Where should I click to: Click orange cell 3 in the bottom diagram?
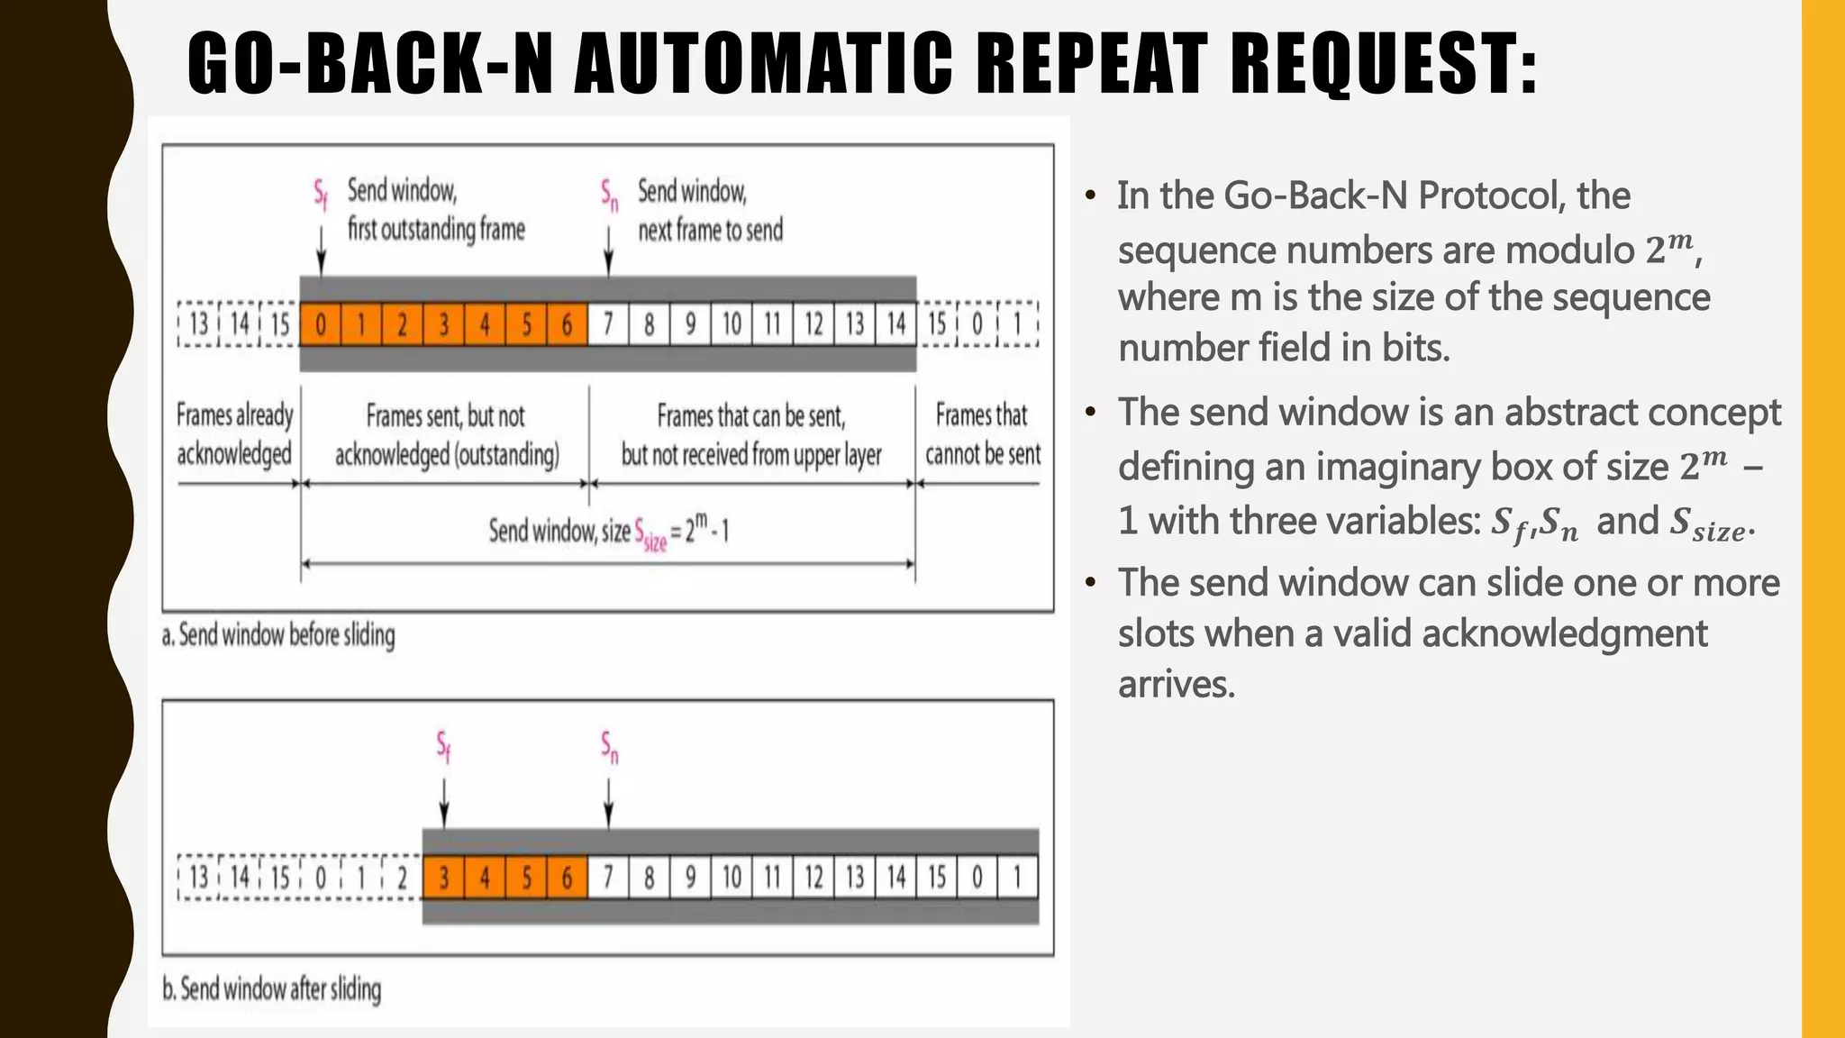(x=443, y=877)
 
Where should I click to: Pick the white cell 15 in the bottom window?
(x=937, y=877)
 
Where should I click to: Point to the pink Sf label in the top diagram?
(x=321, y=194)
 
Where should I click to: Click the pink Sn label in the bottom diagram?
(x=610, y=747)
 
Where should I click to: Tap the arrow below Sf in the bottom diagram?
(x=443, y=802)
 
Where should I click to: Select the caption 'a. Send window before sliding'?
(x=278, y=635)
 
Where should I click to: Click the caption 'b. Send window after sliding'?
(x=272, y=989)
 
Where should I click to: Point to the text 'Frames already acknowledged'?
(x=234, y=434)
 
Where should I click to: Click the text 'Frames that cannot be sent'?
(x=982, y=434)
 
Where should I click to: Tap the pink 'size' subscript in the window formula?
(x=655, y=541)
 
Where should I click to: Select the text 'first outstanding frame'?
(x=436, y=230)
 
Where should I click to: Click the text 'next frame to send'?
(x=710, y=231)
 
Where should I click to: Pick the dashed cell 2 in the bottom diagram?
(x=402, y=877)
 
